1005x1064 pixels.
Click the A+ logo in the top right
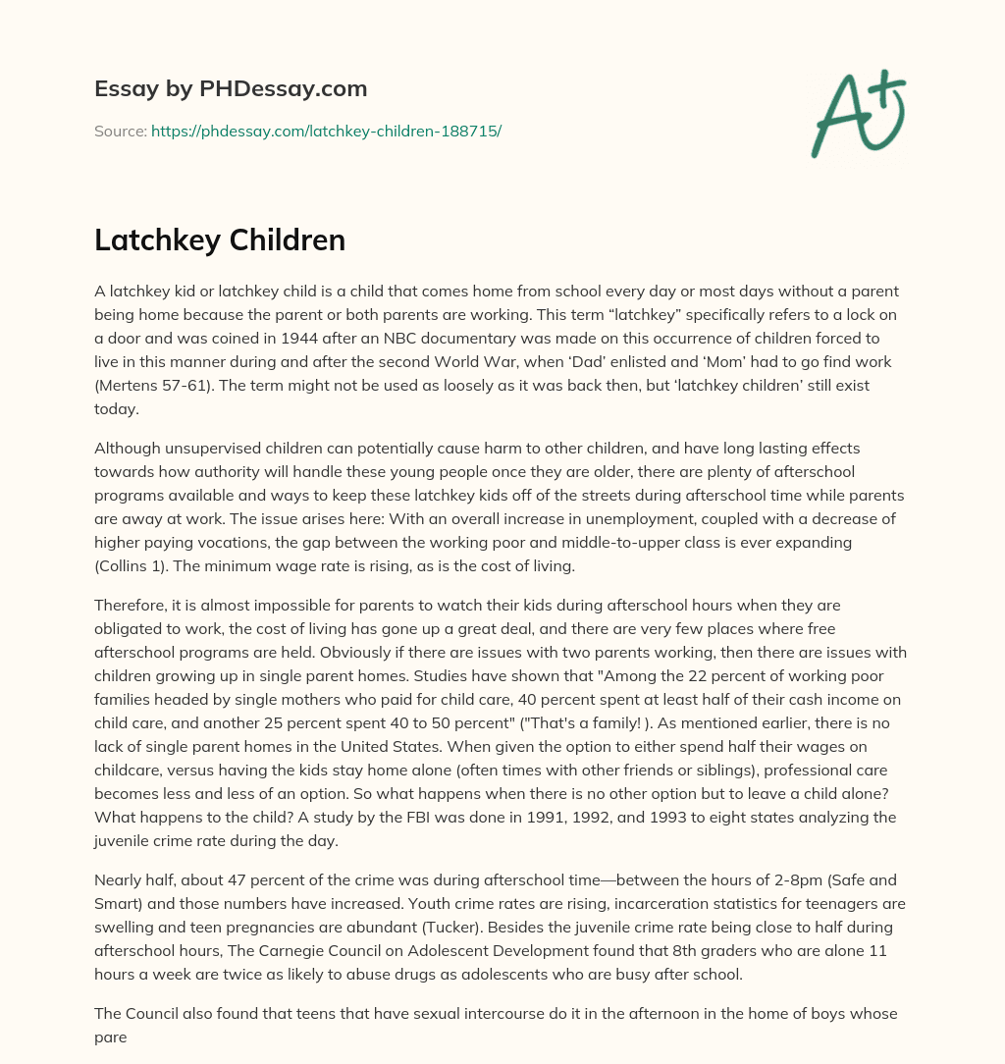[857, 114]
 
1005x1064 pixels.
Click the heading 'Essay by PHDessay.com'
[231, 89]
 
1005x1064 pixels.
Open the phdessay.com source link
[326, 131]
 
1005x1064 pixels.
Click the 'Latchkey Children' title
[220, 240]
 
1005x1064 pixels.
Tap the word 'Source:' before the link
[121, 131]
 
